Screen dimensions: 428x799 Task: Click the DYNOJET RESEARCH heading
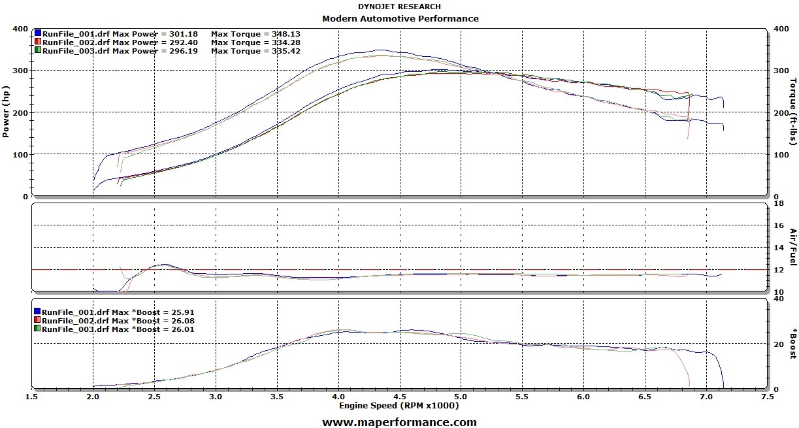400,7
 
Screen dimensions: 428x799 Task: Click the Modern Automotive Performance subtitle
400,18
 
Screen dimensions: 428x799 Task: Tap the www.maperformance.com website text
399,422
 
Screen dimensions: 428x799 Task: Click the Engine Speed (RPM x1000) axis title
399,406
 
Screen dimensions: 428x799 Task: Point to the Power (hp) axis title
6,112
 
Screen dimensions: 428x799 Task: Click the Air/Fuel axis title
793,246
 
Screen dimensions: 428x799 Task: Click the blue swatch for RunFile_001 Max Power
39,33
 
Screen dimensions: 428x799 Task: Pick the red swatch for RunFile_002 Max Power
39,42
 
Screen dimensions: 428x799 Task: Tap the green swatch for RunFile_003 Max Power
39,50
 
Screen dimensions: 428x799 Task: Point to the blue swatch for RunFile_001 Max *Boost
39,312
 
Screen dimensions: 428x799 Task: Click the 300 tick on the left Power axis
20,71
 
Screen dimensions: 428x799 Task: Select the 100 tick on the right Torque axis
780,155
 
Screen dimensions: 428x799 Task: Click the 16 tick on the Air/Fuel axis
778,225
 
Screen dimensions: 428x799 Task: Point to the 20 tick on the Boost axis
778,344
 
